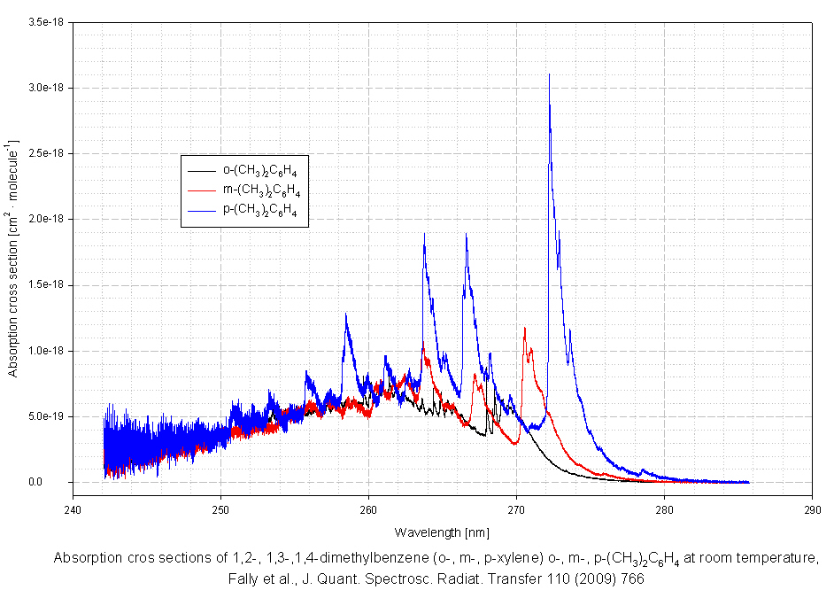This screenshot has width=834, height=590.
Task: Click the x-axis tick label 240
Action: (73, 511)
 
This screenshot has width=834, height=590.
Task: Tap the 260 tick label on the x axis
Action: (368, 511)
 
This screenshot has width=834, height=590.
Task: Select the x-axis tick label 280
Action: (664, 511)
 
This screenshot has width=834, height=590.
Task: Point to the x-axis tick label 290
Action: (812, 511)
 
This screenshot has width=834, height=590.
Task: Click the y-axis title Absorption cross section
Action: (13, 257)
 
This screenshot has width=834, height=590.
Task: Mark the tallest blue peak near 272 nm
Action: (549, 75)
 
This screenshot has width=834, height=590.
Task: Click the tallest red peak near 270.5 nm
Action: (525, 329)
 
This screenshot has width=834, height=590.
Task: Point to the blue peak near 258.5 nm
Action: (346, 314)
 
